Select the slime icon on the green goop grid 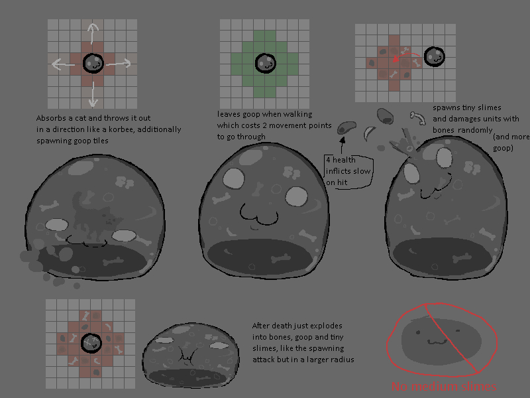coord(266,63)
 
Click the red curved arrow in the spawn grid coord(406,57)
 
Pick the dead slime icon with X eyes coord(91,343)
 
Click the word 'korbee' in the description coord(121,129)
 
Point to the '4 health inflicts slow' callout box coord(348,171)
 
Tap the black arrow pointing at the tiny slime coord(342,145)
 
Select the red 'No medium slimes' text coord(444,386)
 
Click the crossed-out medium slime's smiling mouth coord(437,342)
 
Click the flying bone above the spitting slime coord(418,118)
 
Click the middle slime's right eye coord(296,196)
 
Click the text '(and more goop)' coord(511,142)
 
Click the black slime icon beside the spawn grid coord(435,57)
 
